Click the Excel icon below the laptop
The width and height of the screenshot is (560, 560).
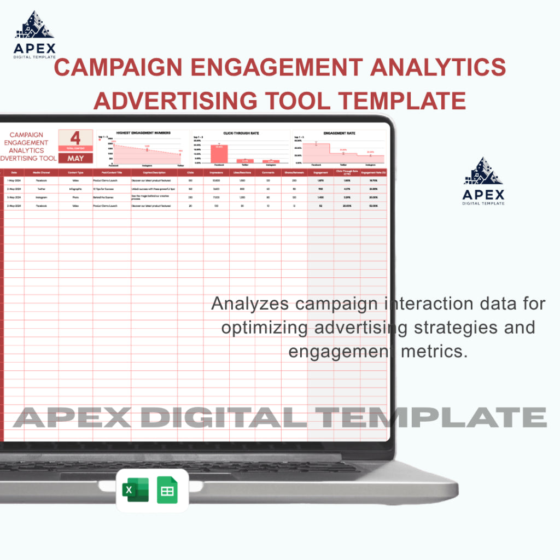coord(135,490)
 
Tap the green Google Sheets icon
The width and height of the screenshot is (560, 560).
coord(167,490)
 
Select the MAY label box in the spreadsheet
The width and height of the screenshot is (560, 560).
coord(75,159)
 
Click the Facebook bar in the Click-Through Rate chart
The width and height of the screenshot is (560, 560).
coord(219,154)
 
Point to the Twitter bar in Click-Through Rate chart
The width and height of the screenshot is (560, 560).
coord(244,161)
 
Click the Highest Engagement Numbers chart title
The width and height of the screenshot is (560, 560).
coord(143,133)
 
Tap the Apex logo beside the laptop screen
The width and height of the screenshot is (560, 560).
coord(483,181)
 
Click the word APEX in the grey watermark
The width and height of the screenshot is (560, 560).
coord(72,417)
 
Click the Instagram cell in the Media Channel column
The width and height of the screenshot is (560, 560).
coord(42,197)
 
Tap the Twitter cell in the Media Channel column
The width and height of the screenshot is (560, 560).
coord(42,188)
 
